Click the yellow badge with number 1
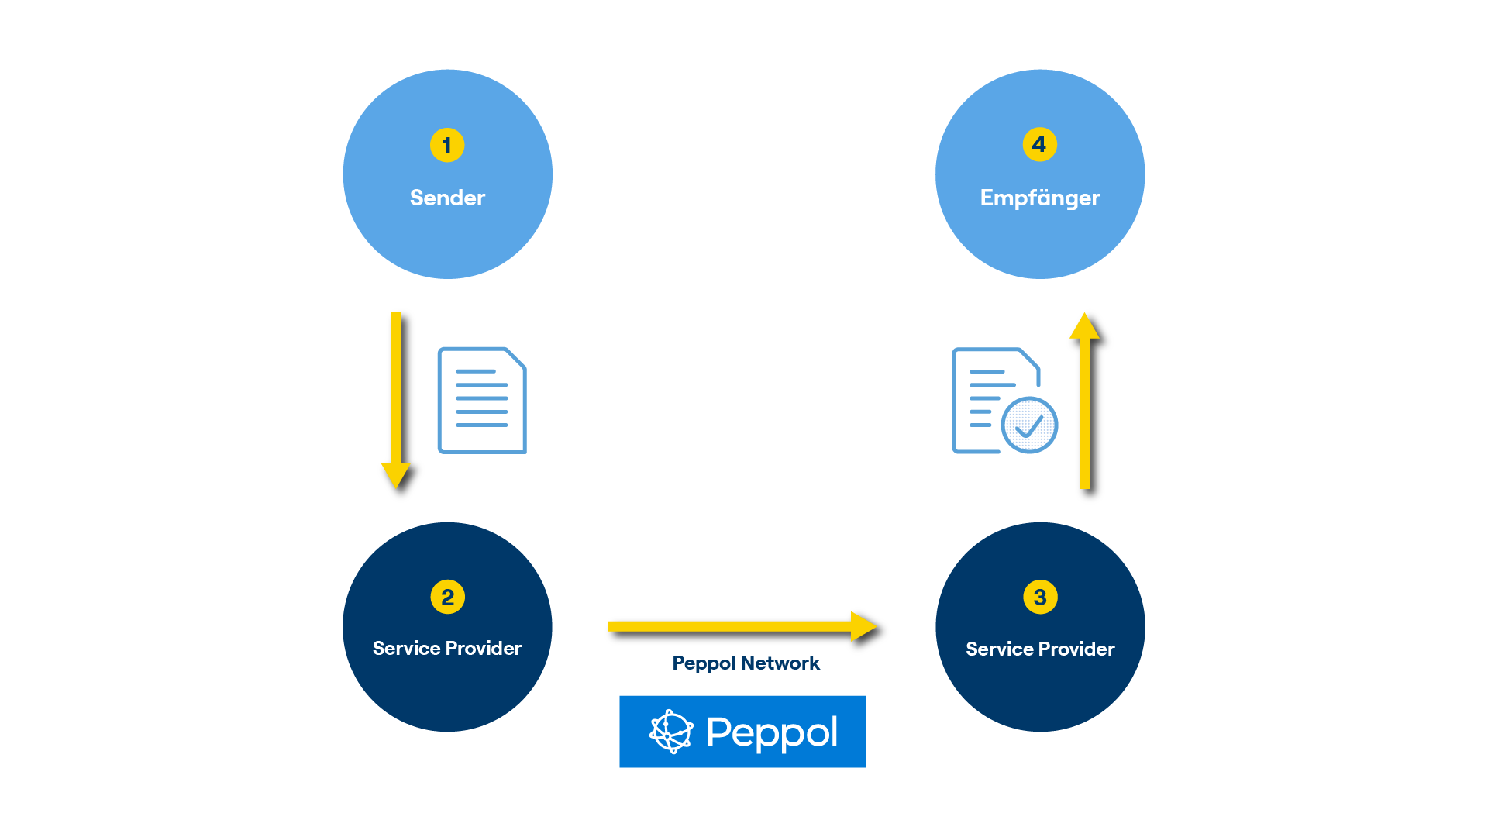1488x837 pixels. coord(447,145)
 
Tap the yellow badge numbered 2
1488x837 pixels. coord(447,597)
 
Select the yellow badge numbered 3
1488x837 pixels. coord(1040,597)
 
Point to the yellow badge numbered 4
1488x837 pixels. coord(1039,144)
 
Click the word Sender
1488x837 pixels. coord(447,198)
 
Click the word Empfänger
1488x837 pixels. coord(1040,198)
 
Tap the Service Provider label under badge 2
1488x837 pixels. coord(447,648)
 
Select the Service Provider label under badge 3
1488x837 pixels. coord(1040,649)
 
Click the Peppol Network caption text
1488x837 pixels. coord(746,663)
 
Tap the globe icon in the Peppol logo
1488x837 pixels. coord(671,732)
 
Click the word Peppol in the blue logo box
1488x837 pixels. coord(772,732)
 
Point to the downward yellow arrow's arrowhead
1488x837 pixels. coord(395,474)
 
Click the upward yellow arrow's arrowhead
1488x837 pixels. coord(1084,326)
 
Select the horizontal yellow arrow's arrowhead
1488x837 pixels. coord(863,626)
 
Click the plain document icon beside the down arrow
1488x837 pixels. coord(481,400)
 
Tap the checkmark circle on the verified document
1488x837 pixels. coord(1029,425)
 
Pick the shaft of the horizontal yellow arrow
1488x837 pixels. coord(728,626)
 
